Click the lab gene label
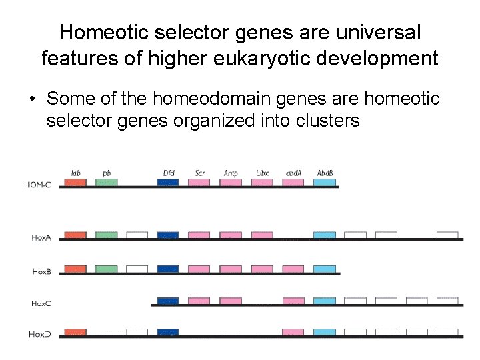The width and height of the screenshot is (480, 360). click(76, 173)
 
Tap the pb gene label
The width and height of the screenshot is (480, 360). click(107, 173)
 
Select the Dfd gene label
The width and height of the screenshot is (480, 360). click(169, 173)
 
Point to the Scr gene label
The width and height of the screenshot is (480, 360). click(200, 173)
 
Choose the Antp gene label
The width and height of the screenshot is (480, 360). click(231, 173)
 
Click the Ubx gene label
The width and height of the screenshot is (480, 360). click(262, 173)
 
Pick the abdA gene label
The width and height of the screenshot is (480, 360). click(293, 173)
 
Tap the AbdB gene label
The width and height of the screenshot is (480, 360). click(325, 173)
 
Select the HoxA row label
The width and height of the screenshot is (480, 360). click(41, 237)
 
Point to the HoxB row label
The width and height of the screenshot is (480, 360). click(41, 271)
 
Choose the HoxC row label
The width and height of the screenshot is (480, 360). click(41, 303)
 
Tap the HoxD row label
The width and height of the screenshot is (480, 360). click(41, 334)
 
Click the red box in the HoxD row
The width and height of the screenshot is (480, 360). click(75, 332)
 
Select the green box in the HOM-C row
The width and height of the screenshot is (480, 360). click(107, 182)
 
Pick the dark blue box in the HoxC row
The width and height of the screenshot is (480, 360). click(168, 301)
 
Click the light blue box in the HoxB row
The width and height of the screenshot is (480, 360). click(325, 269)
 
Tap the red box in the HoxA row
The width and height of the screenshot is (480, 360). click(75, 235)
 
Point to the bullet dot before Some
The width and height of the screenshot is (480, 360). click(32, 100)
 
